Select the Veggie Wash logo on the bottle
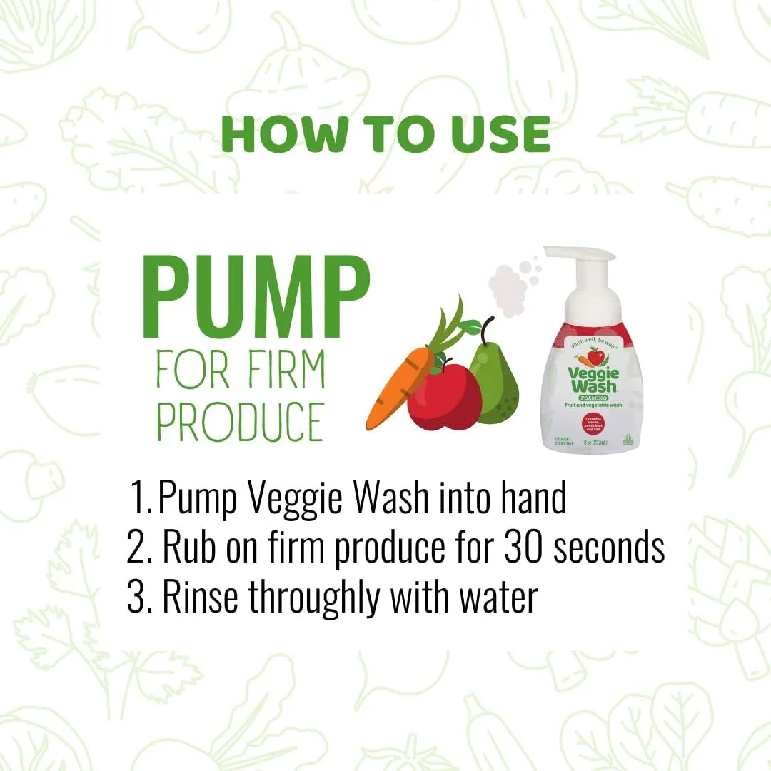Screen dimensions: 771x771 [593, 378]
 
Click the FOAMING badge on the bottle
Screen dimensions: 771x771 [593, 397]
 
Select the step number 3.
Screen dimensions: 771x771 [136, 598]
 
